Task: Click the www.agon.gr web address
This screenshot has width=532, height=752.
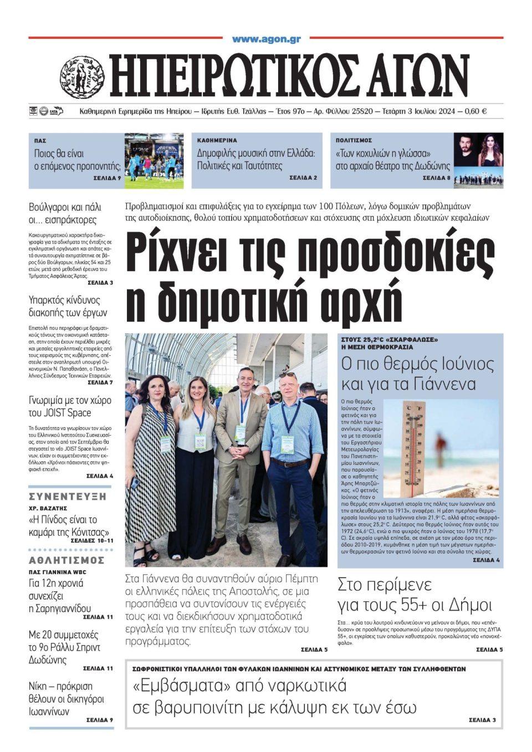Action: click(266, 39)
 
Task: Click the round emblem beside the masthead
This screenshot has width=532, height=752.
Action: click(82, 77)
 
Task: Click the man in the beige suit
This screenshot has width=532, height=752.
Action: click(241, 443)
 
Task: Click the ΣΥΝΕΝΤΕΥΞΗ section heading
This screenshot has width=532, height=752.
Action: click(67, 497)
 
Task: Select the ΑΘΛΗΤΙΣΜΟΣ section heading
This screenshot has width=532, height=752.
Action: click(66, 560)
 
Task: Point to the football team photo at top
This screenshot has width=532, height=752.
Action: click(154, 160)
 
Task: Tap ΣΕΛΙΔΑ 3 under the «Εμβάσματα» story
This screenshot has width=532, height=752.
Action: click(485, 720)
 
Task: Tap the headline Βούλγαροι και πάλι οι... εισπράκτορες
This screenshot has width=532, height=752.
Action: click(65, 214)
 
